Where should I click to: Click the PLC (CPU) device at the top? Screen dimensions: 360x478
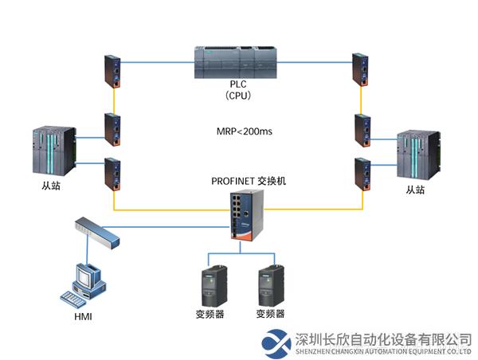coord(238,61)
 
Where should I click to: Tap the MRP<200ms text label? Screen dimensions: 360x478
coord(245,131)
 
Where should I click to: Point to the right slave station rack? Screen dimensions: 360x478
coord(419,155)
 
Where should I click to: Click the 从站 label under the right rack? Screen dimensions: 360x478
coord(416,190)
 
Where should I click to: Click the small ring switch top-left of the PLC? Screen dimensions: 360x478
coord(112,70)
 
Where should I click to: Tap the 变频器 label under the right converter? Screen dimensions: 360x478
coord(270,314)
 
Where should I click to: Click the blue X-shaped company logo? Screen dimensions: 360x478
coord(277,341)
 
